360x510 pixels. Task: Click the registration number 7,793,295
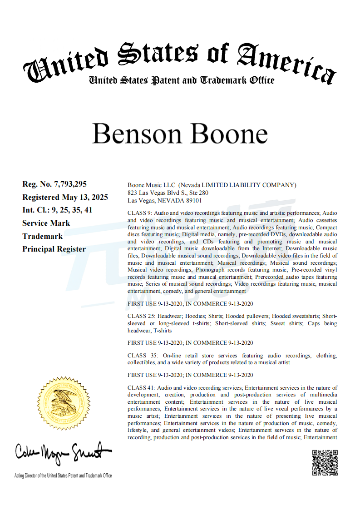tap(70, 184)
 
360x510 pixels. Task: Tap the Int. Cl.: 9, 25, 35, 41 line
tap(57, 210)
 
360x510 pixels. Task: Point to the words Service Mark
tap(46, 223)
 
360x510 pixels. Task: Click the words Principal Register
tap(54, 249)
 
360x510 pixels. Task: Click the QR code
tap(325, 462)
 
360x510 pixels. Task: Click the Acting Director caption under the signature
tap(63, 475)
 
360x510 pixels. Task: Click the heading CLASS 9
tap(140, 213)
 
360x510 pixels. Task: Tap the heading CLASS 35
tap(142, 355)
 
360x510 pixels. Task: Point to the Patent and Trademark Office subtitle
tap(182, 80)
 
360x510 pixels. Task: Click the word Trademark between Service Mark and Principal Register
tap(42, 236)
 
